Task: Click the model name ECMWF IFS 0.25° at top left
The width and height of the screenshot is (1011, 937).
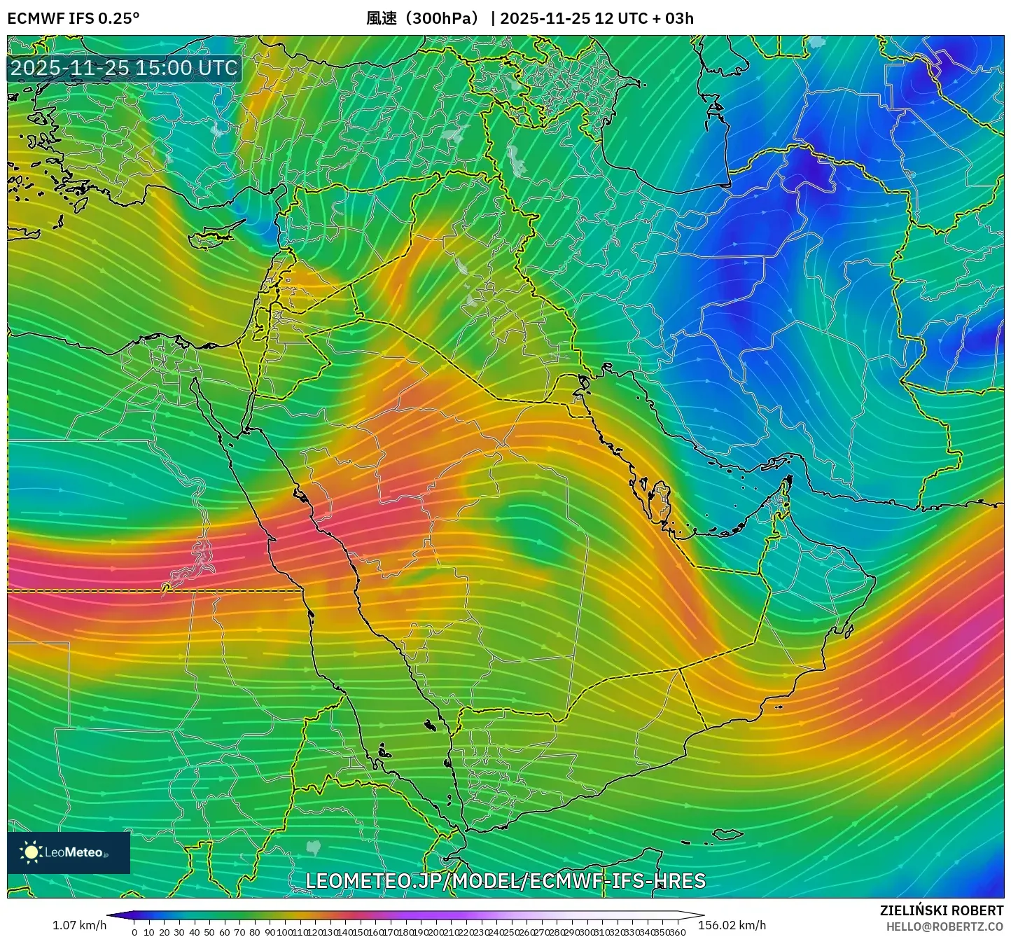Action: (74, 18)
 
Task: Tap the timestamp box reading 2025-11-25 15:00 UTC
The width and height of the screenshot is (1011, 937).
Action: (124, 68)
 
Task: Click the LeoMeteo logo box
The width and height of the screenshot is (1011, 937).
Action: (69, 852)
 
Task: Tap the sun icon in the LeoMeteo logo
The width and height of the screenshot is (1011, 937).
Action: (31, 852)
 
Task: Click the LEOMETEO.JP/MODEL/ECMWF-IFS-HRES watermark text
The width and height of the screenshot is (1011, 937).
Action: (505, 880)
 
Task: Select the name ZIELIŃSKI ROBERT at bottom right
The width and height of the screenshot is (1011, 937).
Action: (942, 910)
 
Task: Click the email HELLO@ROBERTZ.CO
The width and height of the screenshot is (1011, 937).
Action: (944, 926)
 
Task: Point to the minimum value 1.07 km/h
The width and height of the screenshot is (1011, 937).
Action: (79, 925)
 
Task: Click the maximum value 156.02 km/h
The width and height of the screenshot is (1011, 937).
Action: (732, 925)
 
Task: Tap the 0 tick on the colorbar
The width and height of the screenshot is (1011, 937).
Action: (134, 932)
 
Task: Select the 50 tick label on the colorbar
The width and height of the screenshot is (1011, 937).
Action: (209, 932)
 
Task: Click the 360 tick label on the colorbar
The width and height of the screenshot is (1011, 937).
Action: (677, 932)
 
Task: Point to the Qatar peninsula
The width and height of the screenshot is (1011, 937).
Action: (660, 499)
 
